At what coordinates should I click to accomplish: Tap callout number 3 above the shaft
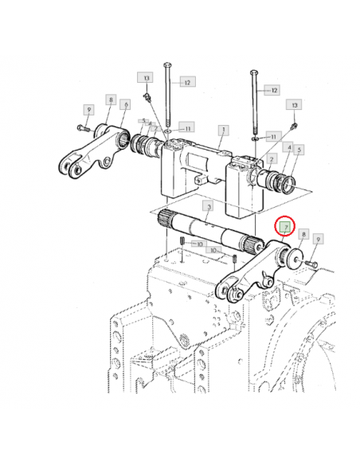pyautogui.click(x=208, y=207)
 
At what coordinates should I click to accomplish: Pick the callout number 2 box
pyautogui.click(x=272, y=159)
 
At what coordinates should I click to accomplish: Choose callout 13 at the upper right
pyautogui.click(x=295, y=105)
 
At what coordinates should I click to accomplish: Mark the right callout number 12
pyautogui.click(x=273, y=91)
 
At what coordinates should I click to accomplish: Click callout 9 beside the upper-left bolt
pyautogui.click(x=89, y=108)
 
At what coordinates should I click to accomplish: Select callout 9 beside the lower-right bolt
pyautogui.click(x=317, y=238)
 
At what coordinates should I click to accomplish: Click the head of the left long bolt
pyautogui.click(x=166, y=63)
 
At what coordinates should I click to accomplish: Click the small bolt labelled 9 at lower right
pyautogui.click(x=311, y=263)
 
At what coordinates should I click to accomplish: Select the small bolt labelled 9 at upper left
pyautogui.click(x=81, y=127)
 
